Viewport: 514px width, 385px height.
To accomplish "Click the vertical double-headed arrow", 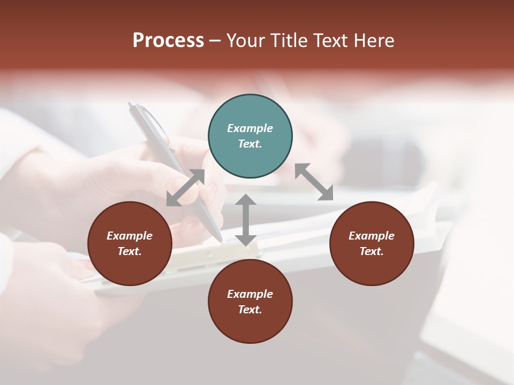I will [246, 220].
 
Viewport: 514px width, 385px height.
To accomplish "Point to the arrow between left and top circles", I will [185, 188].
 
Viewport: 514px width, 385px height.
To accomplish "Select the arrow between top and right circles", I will [314, 182].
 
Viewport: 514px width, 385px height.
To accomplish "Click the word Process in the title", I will [168, 41].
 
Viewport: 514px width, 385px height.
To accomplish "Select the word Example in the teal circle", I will [250, 128].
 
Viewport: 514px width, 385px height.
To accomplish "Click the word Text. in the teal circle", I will [250, 144].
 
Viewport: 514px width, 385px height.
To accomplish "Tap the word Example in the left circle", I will [130, 236].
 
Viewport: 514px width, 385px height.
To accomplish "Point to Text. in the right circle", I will [372, 251].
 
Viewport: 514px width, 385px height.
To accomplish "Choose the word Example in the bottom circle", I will [250, 294].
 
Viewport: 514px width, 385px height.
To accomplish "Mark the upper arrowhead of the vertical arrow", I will [246, 199].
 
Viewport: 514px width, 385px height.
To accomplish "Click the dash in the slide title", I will [215, 41].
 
